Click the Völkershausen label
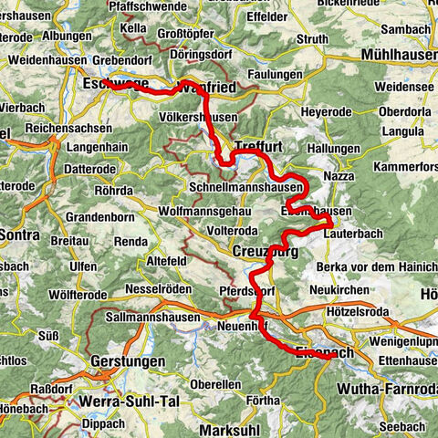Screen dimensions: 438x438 point(198,118)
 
